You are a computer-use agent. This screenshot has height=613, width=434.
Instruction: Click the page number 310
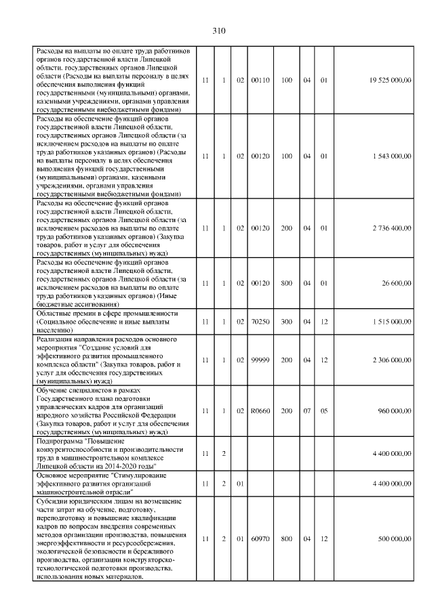(x=218, y=30)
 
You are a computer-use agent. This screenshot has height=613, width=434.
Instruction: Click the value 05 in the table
(x=324, y=411)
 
